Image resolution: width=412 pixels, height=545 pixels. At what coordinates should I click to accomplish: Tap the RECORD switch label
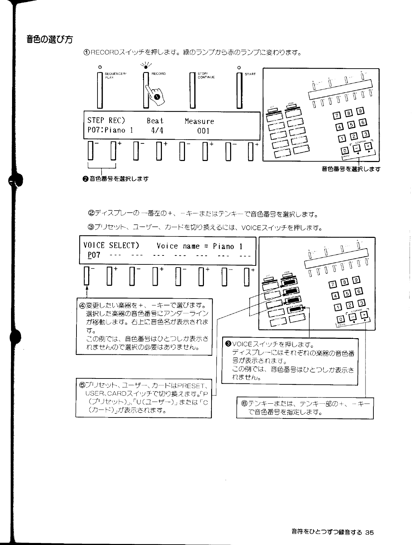[x=158, y=74]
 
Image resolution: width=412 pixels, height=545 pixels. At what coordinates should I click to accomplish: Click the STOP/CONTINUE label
[x=206, y=75]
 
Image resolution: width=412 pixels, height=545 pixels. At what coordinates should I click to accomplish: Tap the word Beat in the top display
[x=155, y=121]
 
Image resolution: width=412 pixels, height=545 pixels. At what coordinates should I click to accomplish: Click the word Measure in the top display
[x=199, y=121]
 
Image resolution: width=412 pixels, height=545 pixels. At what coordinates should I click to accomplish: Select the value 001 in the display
[x=203, y=131]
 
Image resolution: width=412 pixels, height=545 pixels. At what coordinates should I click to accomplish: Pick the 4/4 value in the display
[x=157, y=131]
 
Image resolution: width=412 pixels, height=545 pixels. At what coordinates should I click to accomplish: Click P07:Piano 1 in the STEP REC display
[x=110, y=130]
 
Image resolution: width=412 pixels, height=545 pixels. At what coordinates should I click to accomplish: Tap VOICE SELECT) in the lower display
[x=111, y=246]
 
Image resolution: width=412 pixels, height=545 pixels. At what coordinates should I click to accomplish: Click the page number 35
[x=369, y=532]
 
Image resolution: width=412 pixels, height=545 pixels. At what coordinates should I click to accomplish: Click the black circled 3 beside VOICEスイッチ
[x=228, y=344]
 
